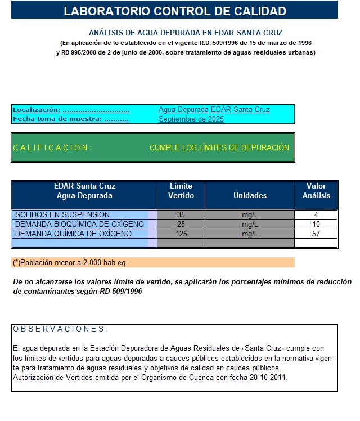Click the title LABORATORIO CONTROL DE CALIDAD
point(175,11)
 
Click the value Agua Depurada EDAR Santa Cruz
point(214,110)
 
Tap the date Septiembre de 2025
point(191,119)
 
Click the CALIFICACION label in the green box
point(52,147)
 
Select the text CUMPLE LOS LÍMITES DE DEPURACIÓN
point(219,147)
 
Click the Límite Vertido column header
point(181,191)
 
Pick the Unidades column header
point(250,196)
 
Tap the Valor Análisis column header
point(316,191)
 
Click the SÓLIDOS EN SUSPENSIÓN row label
point(62,214)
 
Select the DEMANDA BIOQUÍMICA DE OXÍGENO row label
point(79,224)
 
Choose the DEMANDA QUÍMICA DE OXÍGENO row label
point(73,234)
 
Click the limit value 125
point(181,234)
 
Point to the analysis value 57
point(316,234)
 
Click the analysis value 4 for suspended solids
point(316,214)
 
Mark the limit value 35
point(181,214)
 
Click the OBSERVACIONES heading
point(60,329)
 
